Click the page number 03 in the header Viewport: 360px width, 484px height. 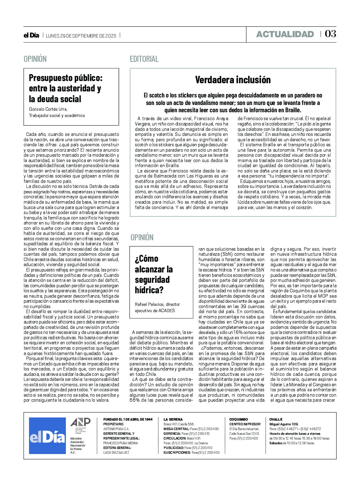click(x=330, y=34)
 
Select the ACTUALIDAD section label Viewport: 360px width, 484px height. click(x=285, y=34)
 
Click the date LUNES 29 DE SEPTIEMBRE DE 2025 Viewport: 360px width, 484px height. click(x=81, y=36)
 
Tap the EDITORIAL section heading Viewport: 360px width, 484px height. click(x=144, y=59)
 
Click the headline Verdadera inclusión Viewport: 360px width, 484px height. click(x=233, y=80)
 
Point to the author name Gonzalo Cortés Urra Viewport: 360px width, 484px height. click(x=48, y=109)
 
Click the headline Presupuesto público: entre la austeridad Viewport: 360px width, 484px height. click(x=65, y=88)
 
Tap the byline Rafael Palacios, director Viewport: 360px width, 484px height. click(x=157, y=304)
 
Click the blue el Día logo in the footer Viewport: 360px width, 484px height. click(x=47, y=436)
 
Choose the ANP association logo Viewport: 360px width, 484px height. click(x=80, y=424)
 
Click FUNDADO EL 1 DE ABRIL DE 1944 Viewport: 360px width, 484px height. click(x=128, y=419)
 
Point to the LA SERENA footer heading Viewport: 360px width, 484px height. click(x=173, y=419)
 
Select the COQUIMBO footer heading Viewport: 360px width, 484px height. click(x=238, y=419)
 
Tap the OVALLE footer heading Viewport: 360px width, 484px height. click(x=276, y=419)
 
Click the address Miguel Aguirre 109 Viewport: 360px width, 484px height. click(x=284, y=424)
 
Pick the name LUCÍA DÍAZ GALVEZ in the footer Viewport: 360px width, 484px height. click(x=116, y=452)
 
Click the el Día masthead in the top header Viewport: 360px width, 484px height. click(x=31, y=36)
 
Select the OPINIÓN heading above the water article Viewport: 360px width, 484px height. click(x=142, y=237)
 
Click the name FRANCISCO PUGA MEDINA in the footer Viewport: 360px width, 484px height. click(x=120, y=443)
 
